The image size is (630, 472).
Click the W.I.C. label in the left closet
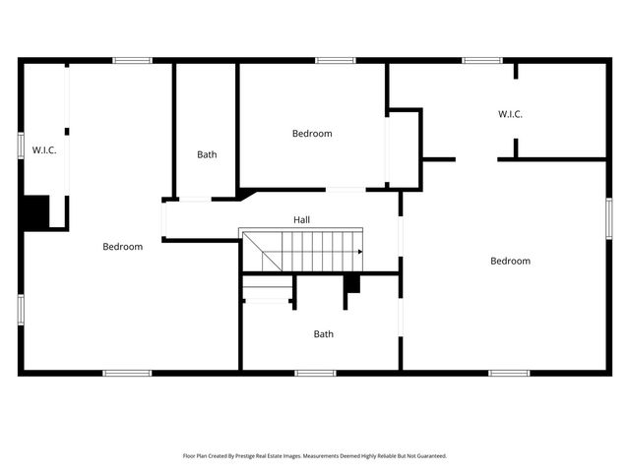43,149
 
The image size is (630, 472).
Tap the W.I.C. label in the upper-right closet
510,114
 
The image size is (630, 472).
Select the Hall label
302,219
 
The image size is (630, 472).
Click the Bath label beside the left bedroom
207,154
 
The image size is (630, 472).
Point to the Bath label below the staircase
324,334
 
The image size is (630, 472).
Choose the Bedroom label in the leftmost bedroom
123,247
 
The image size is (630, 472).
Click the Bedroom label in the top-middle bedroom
312,134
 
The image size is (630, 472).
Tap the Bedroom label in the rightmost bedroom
511,261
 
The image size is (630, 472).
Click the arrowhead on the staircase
359,252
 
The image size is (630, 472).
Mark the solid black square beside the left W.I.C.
35,212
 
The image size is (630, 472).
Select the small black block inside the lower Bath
351,283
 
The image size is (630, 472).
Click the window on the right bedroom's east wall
608,218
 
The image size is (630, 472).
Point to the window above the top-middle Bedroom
335,61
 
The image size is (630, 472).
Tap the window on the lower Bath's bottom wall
315,373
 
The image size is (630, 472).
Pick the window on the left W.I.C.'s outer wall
20,144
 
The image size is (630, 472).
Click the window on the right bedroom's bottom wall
510,373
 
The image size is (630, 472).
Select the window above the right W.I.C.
482,61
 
